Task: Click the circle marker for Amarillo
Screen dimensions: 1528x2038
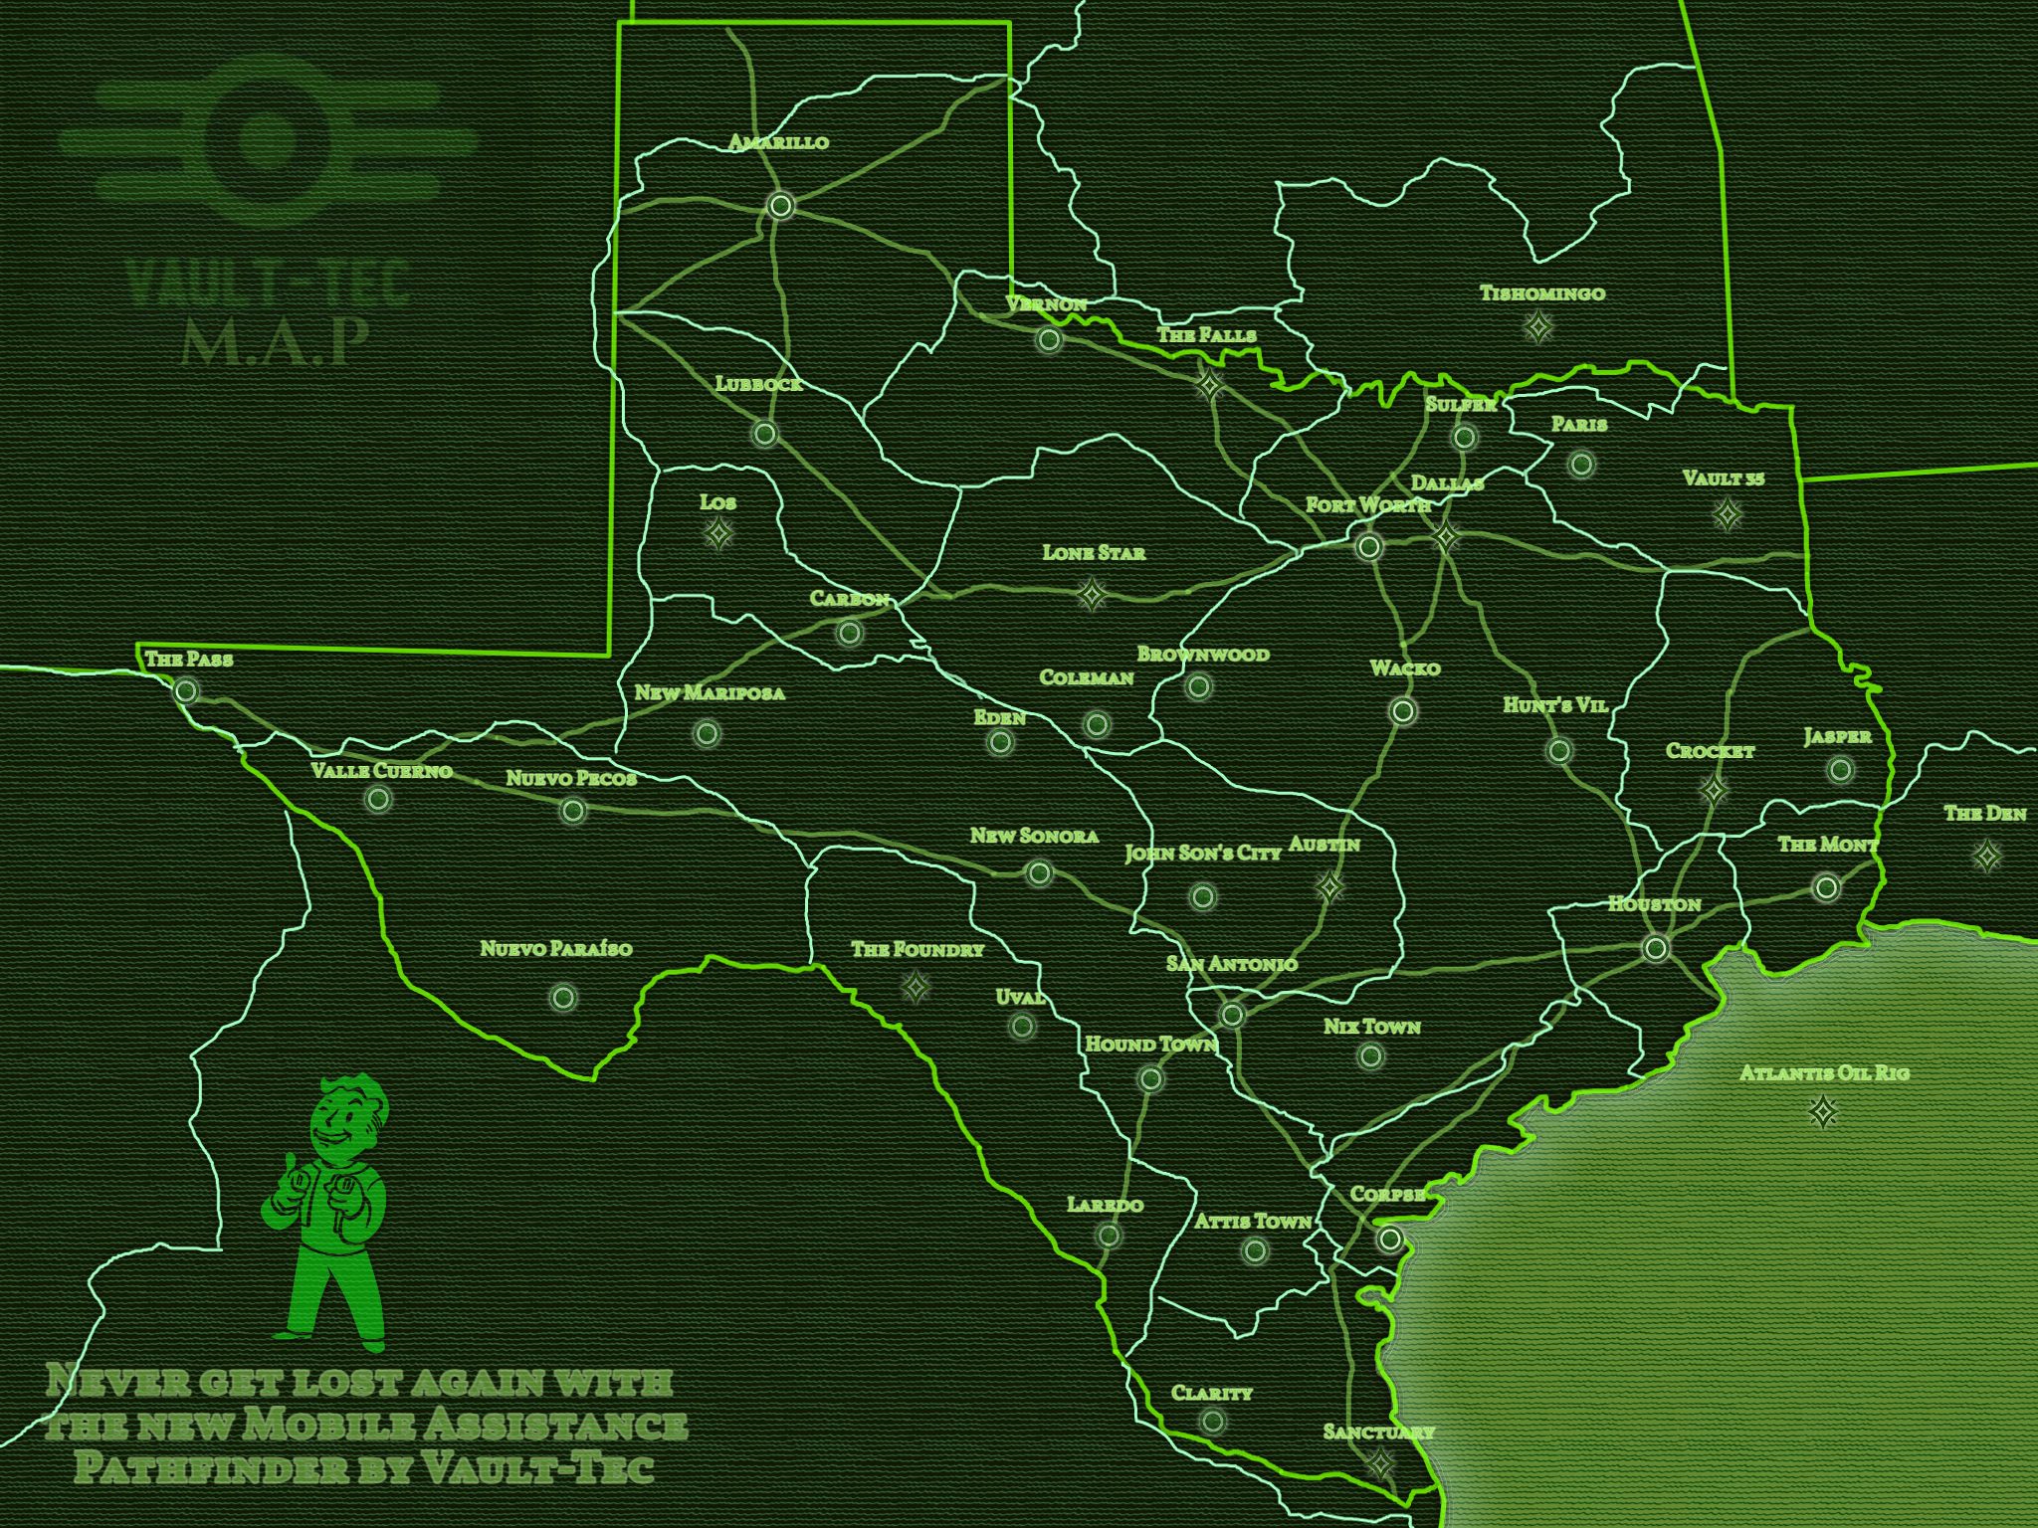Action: (x=781, y=206)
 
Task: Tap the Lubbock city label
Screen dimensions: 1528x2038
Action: (x=758, y=384)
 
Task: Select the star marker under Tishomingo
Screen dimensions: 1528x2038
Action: (x=1538, y=325)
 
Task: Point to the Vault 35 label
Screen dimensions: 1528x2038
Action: (x=1724, y=478)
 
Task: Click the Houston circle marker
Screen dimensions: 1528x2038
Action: (x=1655, y=948)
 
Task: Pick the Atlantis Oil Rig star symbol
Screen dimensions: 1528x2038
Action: (x=1823, y=1112)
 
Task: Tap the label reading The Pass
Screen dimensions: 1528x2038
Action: (x=189, y=659)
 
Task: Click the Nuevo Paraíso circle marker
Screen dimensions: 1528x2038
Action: (x=563, y=997)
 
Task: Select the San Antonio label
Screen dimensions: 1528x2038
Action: (x=1232, y=964)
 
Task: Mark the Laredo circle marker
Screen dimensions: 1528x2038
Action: (x=1109, y=1236)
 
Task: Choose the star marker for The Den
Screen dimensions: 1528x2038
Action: (x=1987, y=856)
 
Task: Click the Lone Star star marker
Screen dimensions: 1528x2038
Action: (x=1092, y=596)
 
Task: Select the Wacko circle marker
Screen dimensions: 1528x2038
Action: (x=1403, y=711)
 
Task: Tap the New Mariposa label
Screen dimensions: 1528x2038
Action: (x=710, y=693)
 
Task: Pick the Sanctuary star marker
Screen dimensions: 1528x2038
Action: (x=1380, y=1463)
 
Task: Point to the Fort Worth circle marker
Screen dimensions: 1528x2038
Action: (x=1369, y=546)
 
